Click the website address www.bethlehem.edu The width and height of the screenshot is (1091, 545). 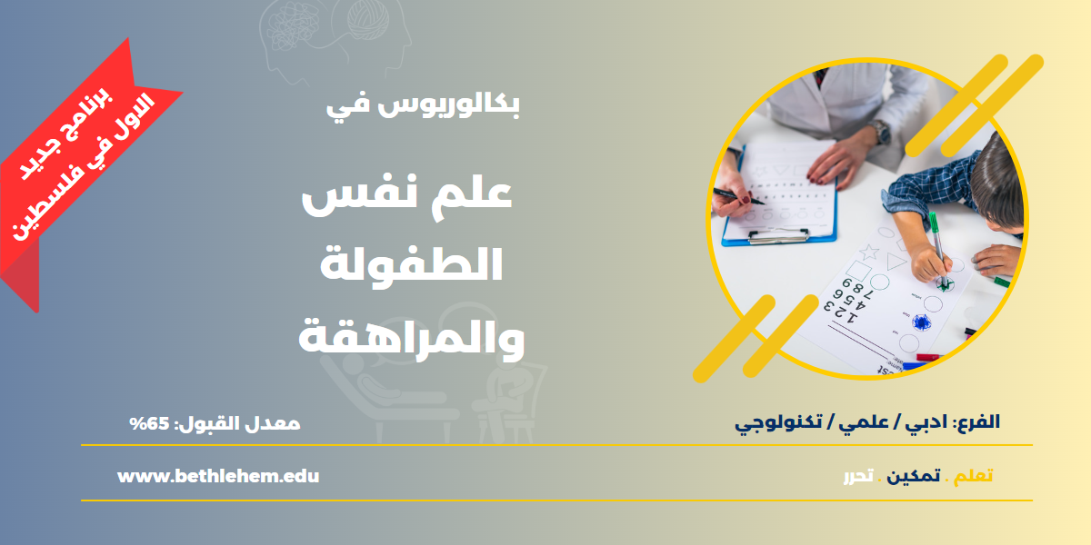coord(218,476)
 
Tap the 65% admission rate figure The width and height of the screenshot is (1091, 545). coord(149,423)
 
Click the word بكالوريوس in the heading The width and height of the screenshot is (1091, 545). coord(448,105)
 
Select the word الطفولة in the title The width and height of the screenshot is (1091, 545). coord(412,264)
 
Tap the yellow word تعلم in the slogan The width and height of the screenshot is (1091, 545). coord(973,476)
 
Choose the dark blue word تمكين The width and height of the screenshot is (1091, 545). coord(913,476)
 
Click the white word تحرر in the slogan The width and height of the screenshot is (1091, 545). coord(858,476)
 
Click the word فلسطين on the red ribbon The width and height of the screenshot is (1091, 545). coord(47,203)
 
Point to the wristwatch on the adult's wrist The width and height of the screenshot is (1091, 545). coord(880,132)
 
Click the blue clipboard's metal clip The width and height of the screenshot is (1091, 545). coord(778,236)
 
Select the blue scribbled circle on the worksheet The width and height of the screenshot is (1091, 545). coord(922,322)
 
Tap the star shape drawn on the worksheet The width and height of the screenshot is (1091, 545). coord(869,252)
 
